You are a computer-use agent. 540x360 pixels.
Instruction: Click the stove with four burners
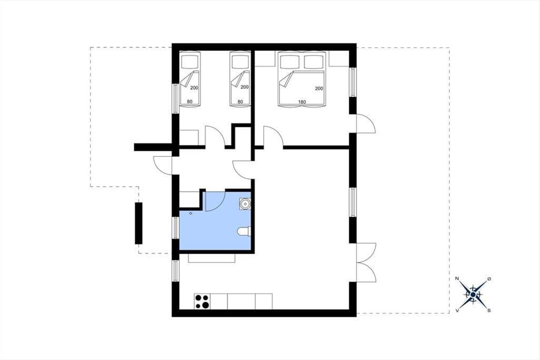click(x=202, y=301)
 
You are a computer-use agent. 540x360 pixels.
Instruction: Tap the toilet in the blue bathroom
click(x=244, y=231)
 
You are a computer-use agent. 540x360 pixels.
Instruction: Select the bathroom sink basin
click(x=245, y=204)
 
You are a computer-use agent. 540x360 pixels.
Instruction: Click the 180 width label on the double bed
click(x=302, y=102)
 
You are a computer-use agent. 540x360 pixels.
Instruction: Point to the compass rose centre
click(x=473, y=294)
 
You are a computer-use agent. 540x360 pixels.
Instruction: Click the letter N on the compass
click(x=457, y=279)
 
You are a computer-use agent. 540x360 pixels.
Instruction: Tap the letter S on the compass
click(x=489, y=310)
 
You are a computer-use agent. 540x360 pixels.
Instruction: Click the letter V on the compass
click(x=457, y=311)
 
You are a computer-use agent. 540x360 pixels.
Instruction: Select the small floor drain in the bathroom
click(x=191, y=213)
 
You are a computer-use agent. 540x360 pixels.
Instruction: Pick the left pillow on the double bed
click(x=290, y=62)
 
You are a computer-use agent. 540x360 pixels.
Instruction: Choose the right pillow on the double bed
click(x=314, y=62)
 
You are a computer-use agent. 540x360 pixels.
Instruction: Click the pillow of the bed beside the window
click(x=190, y=62)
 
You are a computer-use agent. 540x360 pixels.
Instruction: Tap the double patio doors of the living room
click(x=366, y=262)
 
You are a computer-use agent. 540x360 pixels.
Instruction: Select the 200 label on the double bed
click(x=319, y=89)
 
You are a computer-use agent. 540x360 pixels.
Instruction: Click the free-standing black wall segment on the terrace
click(x=139, y=223)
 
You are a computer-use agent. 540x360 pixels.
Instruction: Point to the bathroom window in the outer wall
click(x=176, y=228)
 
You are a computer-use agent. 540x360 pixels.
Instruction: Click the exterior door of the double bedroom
click(x=366, y=124)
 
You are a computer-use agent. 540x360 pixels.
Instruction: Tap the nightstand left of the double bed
click(x=265, y=58)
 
